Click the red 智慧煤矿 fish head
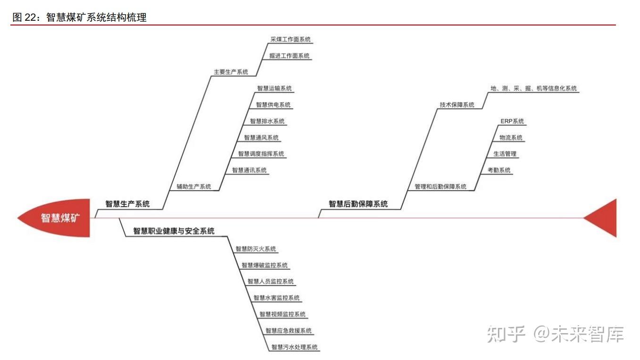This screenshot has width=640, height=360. click(x=57, y=218)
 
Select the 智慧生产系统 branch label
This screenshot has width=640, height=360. click(x=127, y=204)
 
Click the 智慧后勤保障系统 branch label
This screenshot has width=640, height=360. click(x=358, y=204)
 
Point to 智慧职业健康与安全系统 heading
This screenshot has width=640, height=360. click(x=174, y=231)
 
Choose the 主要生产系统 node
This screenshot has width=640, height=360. click(x=231, y=72)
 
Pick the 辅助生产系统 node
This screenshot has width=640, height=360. click(x=194, y=186)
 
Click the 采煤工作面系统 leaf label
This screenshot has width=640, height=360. click(x=290, y=40)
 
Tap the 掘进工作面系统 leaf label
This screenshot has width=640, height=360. click(x=289, y=56)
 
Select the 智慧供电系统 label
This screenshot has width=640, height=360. click(x=273, y=105)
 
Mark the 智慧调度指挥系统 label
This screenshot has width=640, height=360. click(x=261, y=154)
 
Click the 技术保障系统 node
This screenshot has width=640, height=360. click(x=457, y=105)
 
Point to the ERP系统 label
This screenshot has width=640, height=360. click(x=512, y=121)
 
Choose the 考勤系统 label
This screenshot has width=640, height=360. click(x=499, y=170)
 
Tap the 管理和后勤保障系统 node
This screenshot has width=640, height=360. click(x=440, y=186)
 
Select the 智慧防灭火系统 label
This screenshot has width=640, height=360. click(x=256, y=249)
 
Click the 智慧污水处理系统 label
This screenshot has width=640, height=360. click(x=295, y=347)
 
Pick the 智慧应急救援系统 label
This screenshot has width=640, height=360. click(x=288, y=331)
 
